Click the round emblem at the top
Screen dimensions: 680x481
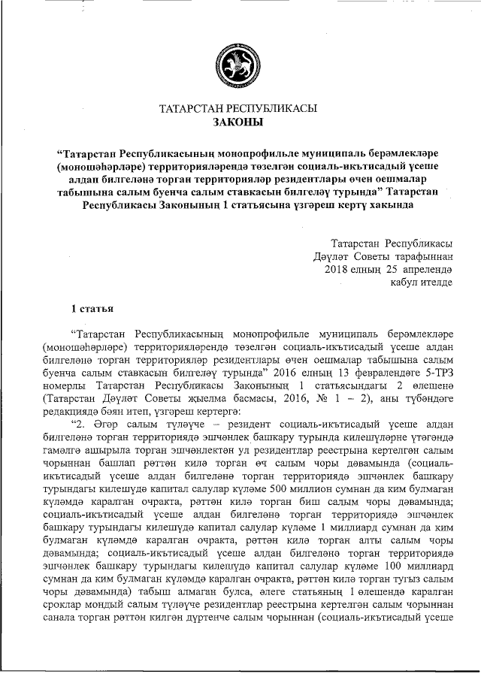tap(238, 63)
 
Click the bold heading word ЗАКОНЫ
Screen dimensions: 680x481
tap(238, 121)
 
